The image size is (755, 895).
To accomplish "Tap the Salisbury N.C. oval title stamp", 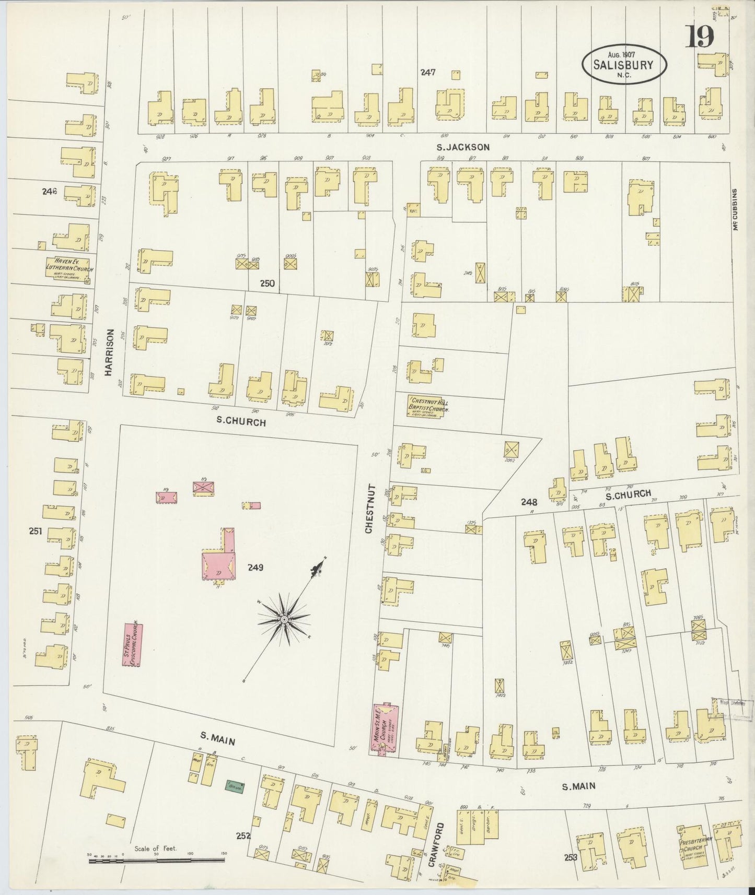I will [x=624, y=64].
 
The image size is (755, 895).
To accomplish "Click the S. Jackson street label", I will [x=463, y=147].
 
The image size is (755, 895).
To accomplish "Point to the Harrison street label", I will [x=109, y=352].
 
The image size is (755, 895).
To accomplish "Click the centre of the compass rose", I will [x=284, y=619].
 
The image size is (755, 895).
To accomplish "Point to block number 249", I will [x=255, y=567].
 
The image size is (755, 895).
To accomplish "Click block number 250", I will [x=268, y=284].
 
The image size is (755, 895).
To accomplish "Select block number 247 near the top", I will [x=428, y=73].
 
